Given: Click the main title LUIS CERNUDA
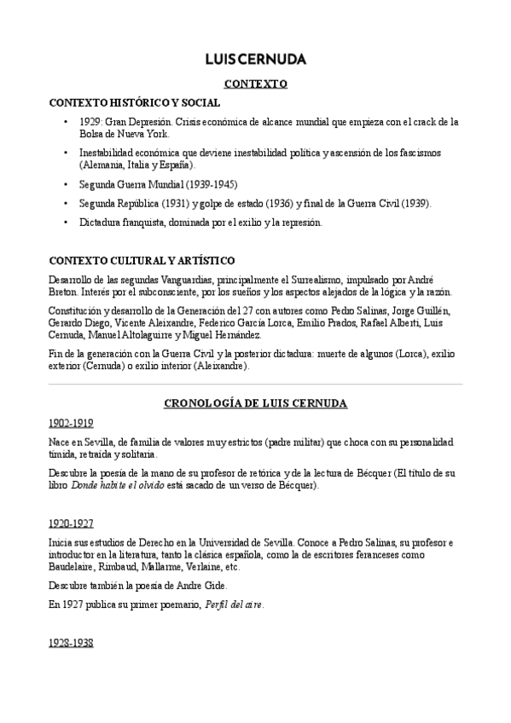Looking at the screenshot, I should (255, 60).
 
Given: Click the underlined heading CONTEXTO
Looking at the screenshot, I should (255, 84).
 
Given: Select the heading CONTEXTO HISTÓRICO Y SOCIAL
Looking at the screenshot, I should (128, 102).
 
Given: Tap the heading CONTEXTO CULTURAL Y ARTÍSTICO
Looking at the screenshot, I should (142, 260).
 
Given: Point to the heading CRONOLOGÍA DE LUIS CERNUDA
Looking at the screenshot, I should (255, 403).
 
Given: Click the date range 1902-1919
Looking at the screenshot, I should (71, 423).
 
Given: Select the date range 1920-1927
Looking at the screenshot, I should (71, 523).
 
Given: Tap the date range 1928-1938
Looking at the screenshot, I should (71, 644).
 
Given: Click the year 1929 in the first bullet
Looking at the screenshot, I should (90, 122).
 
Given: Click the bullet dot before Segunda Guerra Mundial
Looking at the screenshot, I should (67, 184).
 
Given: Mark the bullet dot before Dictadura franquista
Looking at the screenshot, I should (67, 223).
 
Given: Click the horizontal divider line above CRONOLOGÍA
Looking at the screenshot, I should (255, 385).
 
